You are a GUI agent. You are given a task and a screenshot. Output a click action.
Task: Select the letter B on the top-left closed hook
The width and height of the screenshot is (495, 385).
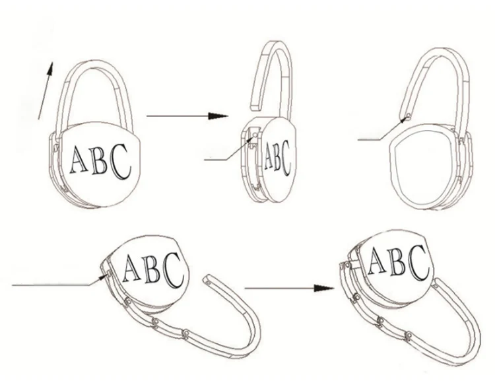99,160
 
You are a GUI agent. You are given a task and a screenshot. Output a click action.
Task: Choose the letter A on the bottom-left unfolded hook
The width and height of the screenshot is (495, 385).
131,267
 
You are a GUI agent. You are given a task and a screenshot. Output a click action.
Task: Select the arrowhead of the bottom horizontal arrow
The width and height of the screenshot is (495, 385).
321,288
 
